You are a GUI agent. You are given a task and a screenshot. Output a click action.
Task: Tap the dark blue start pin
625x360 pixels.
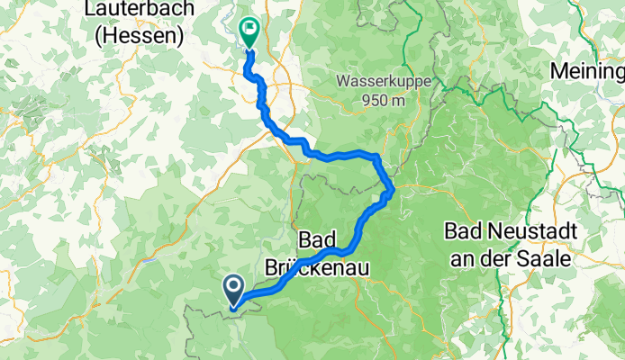(232, 289)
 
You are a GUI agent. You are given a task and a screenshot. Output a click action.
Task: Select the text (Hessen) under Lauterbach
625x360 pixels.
(142, 35)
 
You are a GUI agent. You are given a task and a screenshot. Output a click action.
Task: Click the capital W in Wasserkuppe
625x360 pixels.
(344, 81)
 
